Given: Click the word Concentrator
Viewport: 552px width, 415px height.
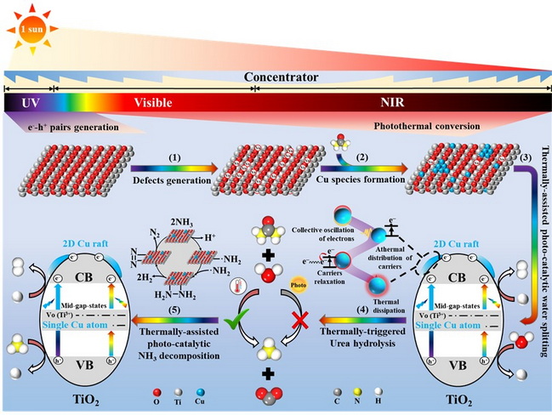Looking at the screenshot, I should (x=281, y=77).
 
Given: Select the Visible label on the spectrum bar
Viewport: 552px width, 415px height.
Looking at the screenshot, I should (x=153, y=103).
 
